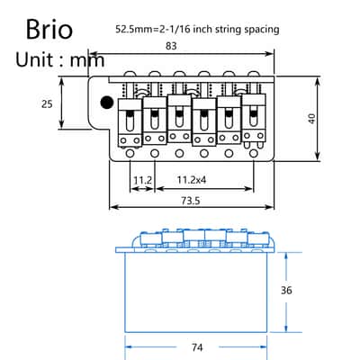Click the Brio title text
point(49,29)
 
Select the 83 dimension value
point(171,46)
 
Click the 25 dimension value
point(47,103)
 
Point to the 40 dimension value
point(312,119)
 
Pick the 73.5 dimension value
point(191,201)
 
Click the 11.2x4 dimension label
point(192,180)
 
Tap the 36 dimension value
point(286,291)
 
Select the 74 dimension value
point(197,347)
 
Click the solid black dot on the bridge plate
point(107,103)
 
